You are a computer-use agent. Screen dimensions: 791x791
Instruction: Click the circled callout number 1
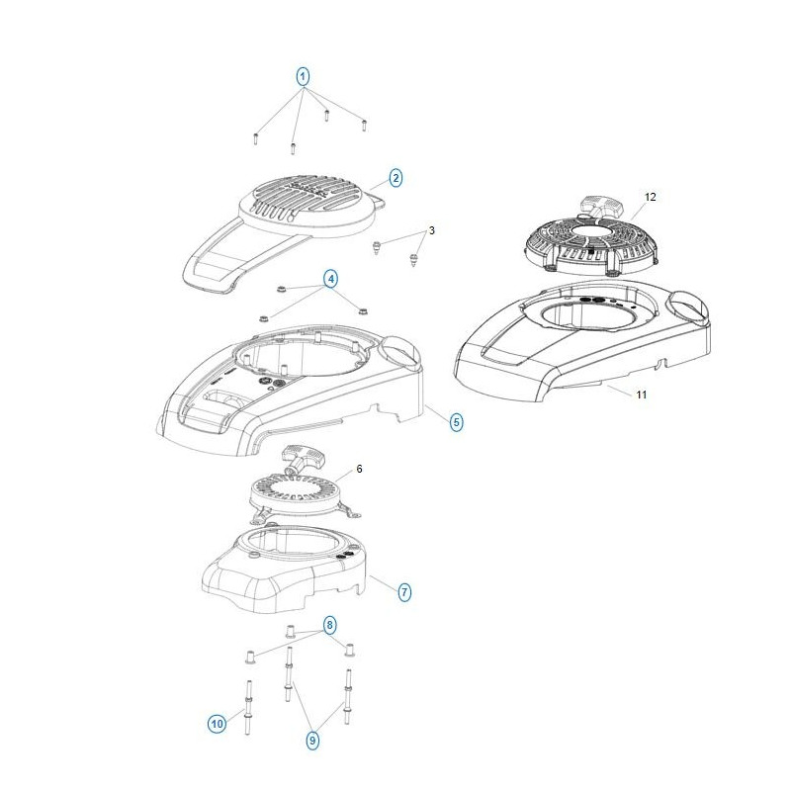304,75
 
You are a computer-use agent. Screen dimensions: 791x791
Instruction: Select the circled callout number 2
395,178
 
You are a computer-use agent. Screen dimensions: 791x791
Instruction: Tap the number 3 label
431,230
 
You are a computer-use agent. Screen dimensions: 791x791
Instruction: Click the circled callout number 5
456,422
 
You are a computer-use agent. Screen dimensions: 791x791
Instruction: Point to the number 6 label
359,469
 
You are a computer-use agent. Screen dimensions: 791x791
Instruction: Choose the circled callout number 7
404,592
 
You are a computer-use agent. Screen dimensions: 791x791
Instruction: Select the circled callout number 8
329,624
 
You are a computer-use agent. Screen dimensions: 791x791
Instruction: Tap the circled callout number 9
313,739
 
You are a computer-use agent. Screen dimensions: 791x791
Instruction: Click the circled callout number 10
218,725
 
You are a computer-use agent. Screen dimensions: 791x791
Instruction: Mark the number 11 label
641,395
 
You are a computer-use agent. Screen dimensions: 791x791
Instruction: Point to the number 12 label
650,198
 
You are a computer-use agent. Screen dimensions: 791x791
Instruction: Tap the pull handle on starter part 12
599,206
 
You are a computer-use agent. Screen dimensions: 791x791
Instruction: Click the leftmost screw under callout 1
255,138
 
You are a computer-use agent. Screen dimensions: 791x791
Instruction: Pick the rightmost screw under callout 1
364,125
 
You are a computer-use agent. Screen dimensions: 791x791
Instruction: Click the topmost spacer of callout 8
291,632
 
